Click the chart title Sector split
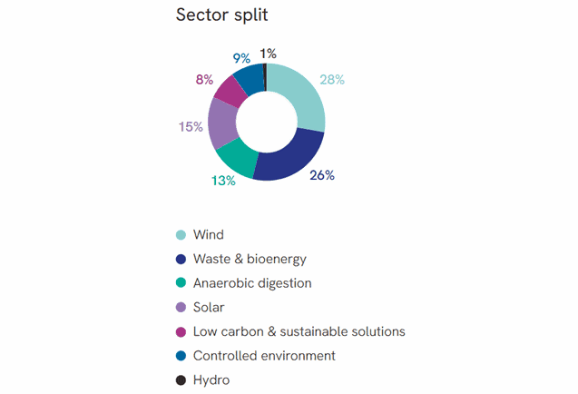click(221, 16)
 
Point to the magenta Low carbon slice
click(231, 91)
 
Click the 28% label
click(332, 80)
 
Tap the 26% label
click(321, 175)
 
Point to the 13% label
click(223, 181)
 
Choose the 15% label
click(191, 127)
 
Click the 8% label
click(205, 80)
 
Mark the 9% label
click(241, 58)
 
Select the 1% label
click(269, 53)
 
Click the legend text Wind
click(208, 235)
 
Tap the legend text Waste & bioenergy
click(250, 259)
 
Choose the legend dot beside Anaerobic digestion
click(181, 283)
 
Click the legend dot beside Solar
click(181, 308)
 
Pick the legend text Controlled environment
click(264, 356)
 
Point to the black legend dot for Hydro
click(181, 380)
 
